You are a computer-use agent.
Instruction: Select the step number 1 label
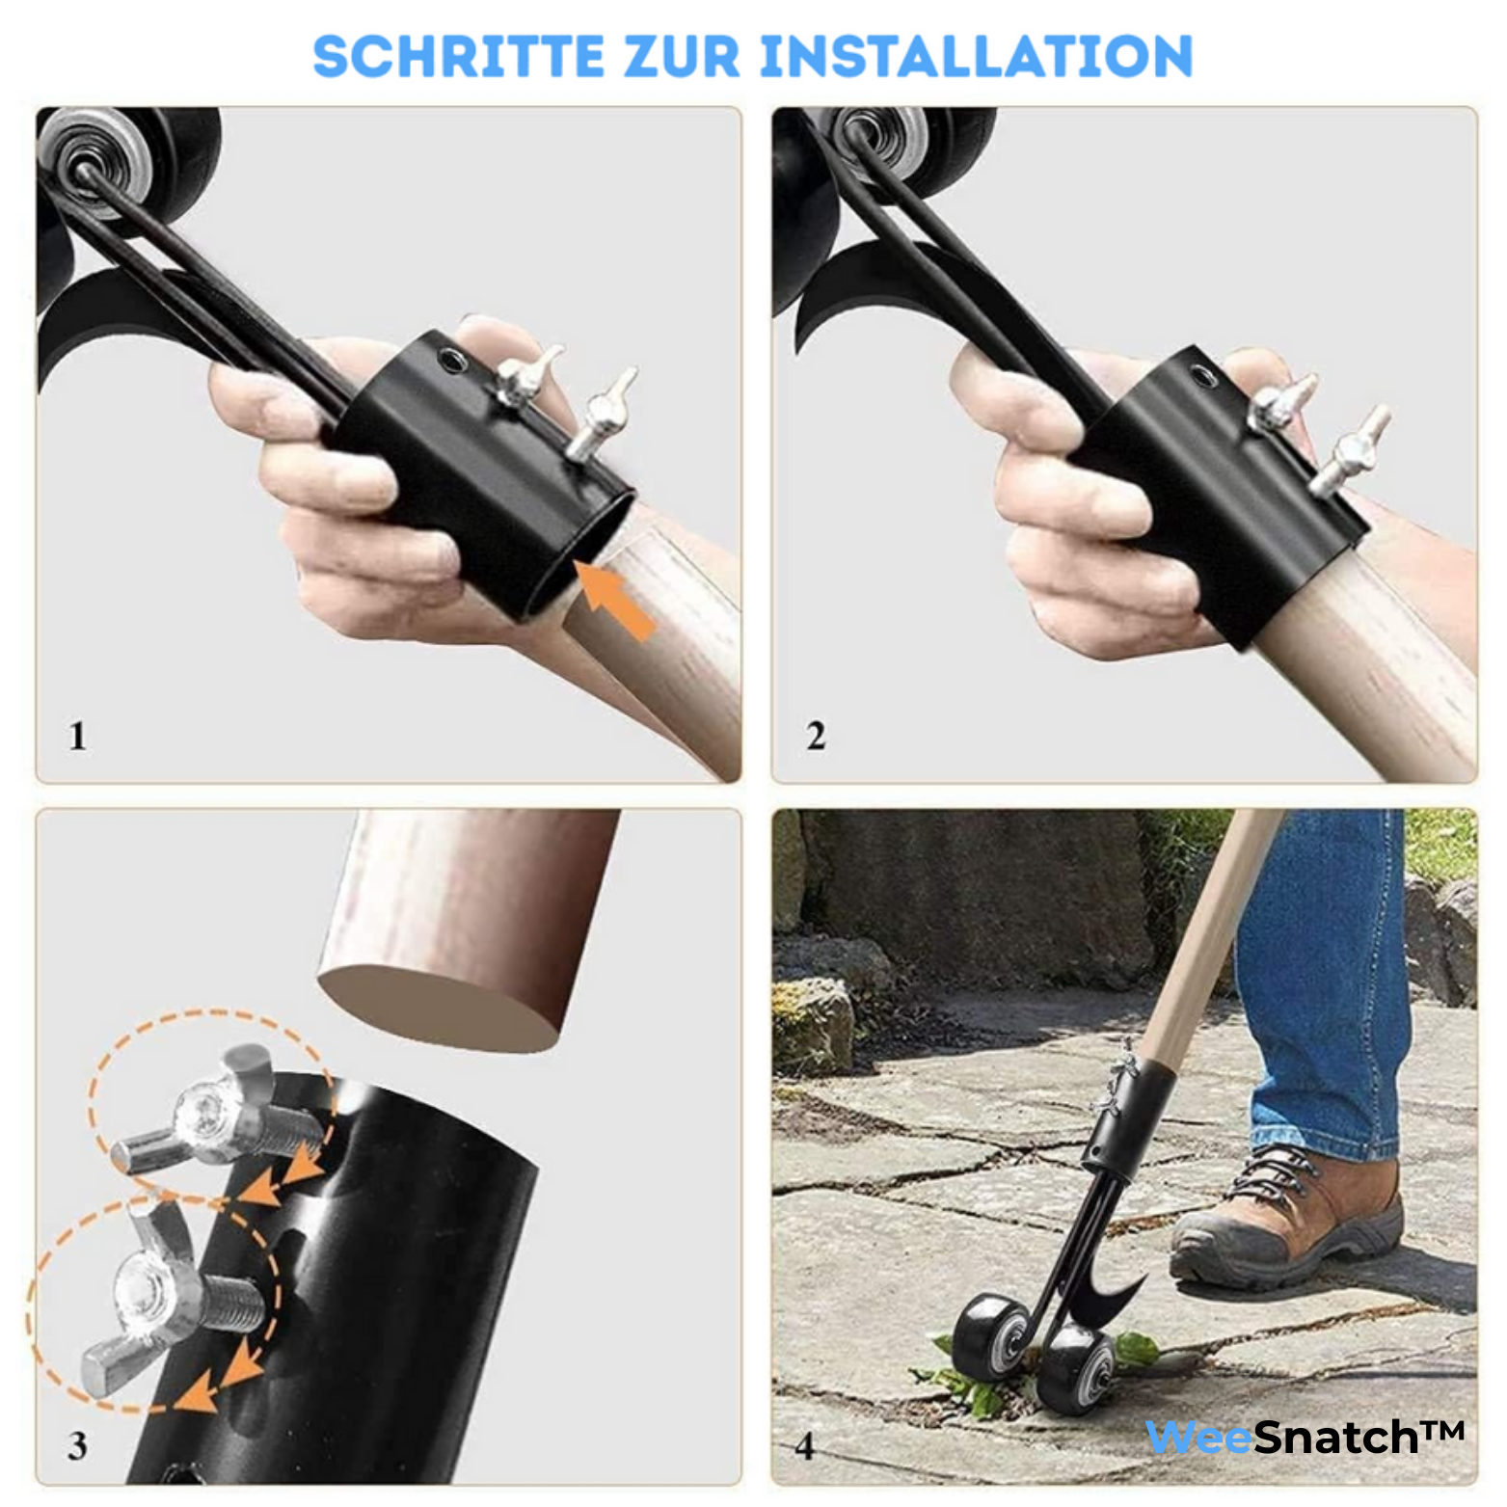pyautogui.click(x=77, y=737)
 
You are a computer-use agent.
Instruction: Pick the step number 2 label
pyautogui.click(x=816, y=737)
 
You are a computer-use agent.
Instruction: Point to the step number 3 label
pyautogui.click(x=77, y=1445)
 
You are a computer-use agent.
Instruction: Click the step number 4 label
pyautogui.click(x=804, y=1445)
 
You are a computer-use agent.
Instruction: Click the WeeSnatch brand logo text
pyautogui.click(x=1304, y=1438)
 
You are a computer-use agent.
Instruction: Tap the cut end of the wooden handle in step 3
pyautogui.click(x=439, y=1009)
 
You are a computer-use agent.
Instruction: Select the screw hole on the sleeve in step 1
pyautogui.click(x=450, y=361)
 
